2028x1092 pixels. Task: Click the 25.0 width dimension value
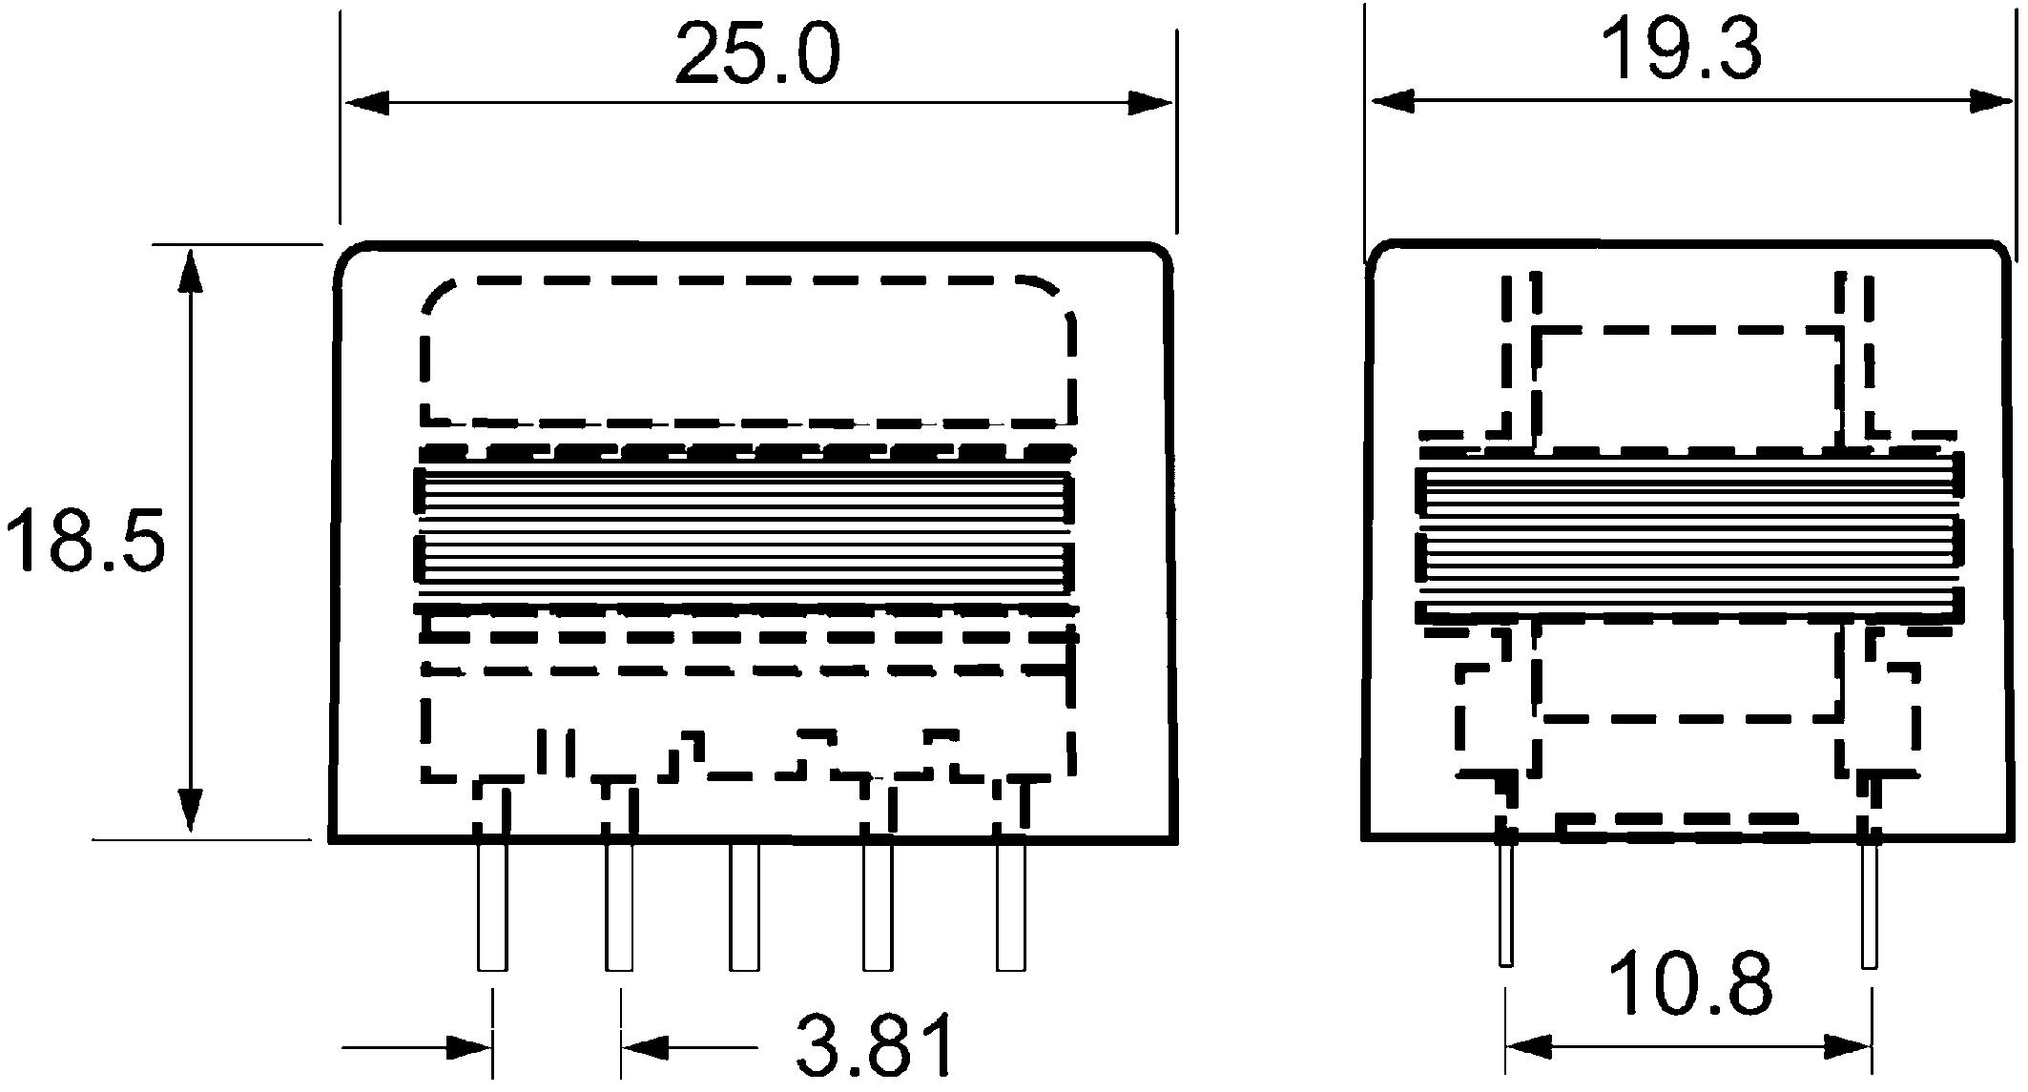(x=757, y=54)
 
